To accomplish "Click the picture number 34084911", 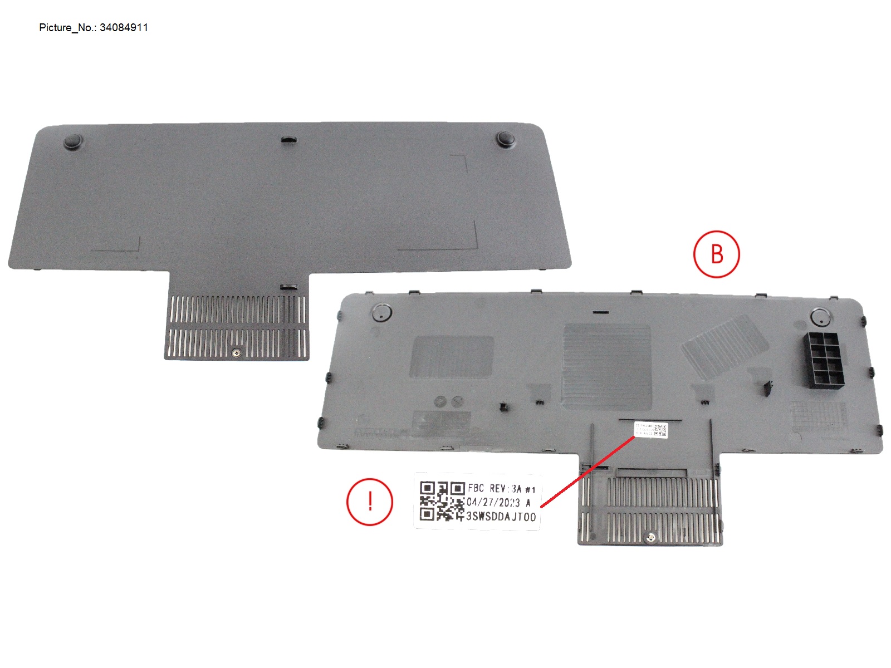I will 124,27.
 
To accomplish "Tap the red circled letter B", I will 717,254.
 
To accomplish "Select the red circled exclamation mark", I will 370,502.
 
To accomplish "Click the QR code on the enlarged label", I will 442,501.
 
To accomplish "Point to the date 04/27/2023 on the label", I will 493,502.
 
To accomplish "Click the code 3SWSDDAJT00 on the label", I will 501,517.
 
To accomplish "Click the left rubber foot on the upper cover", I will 73,141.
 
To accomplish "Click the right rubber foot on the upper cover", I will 505,139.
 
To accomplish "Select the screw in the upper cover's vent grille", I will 237,353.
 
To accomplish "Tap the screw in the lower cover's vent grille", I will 649,537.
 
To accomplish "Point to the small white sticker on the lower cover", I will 650,430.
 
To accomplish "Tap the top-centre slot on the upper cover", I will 288,139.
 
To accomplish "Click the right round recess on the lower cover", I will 820,317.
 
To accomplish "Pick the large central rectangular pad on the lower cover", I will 606,366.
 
